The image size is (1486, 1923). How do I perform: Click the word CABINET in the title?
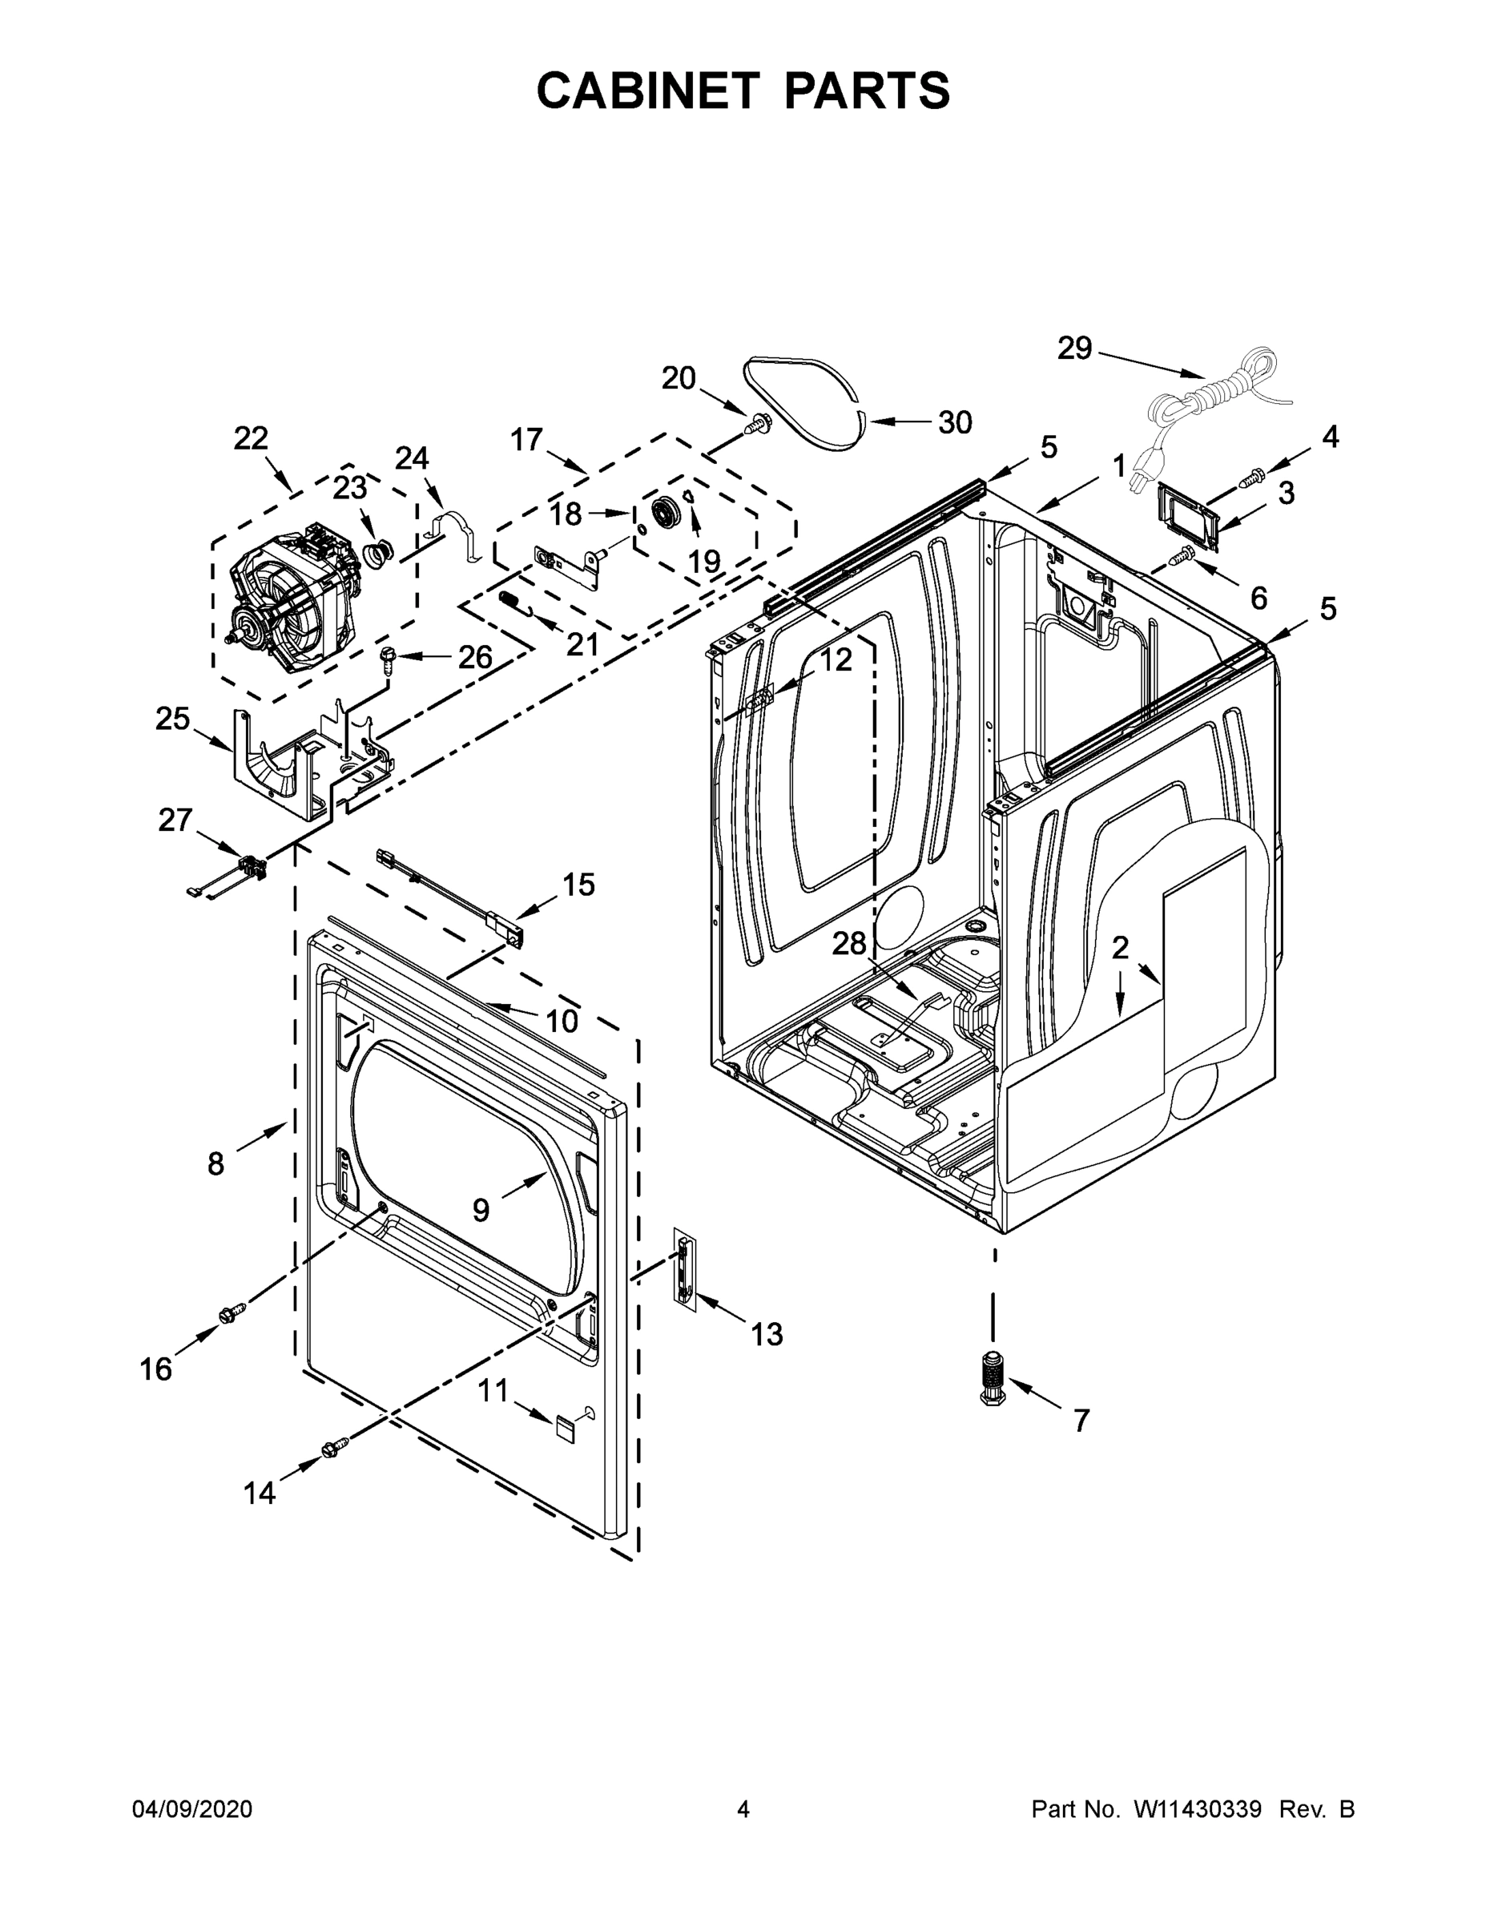(x=648, y=90)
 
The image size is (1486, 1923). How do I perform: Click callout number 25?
(x=172, y=720)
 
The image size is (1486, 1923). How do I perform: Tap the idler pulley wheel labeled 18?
(x=666, y=514)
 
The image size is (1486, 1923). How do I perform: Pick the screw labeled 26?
(x=389, y=658)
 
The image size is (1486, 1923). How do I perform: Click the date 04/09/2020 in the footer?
(x=192, y=1810)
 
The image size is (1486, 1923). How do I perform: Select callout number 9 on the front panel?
(x=481, y=1210)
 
